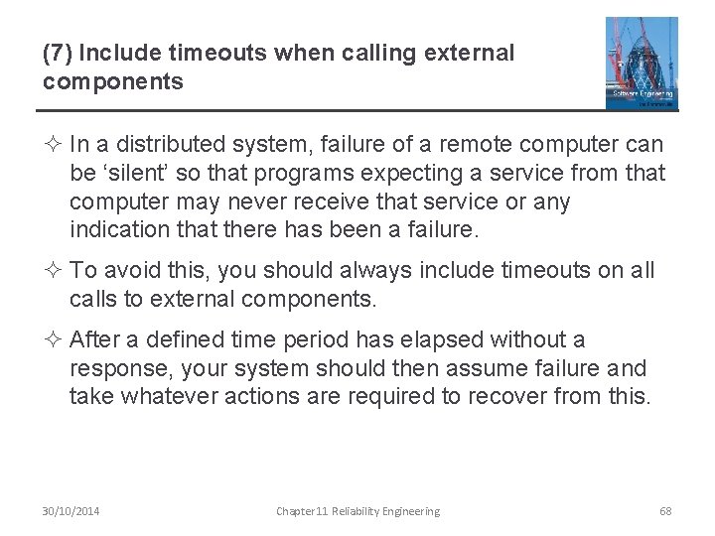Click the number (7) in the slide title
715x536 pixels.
pyautogui.click(x=56, y=54)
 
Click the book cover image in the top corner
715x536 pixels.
pyautogui.click(x=642, y=63)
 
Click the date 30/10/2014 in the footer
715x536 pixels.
pyautogui.click(x=71, y=511)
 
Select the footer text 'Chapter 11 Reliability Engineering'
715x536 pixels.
pyautogui.click(x=357, y=511)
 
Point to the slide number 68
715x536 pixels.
pyautogui.click(x=665, y=511)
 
